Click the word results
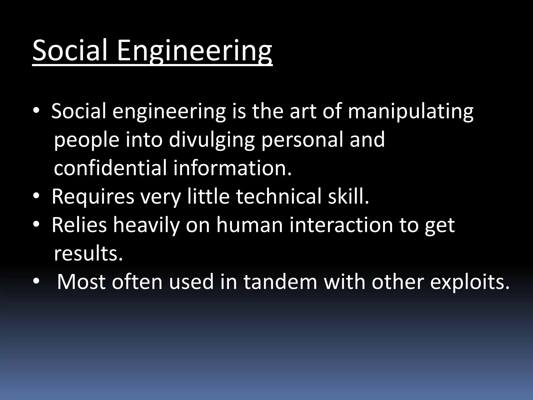[x=88, y=253]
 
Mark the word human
[x=249, y=225]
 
